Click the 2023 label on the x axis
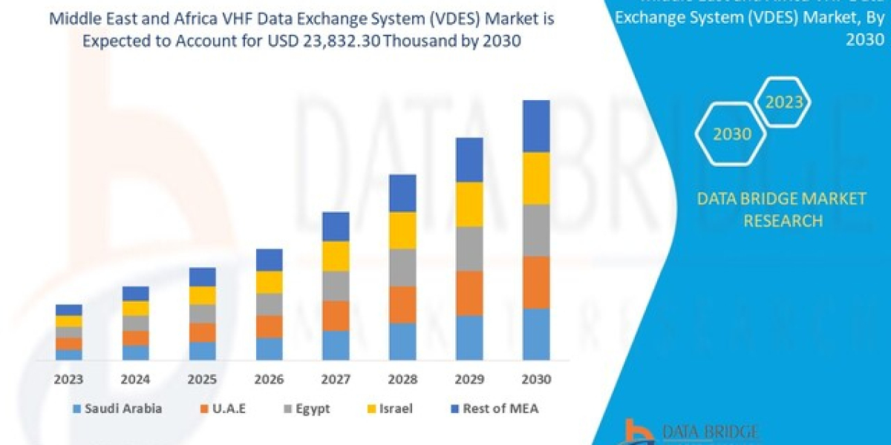(68, 379)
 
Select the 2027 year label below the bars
(336, 379)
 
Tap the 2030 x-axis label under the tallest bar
(536, 379)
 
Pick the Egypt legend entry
(307, 408)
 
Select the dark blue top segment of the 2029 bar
(469, 159)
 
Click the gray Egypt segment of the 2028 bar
(402, 267)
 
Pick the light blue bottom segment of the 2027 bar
(336, 345)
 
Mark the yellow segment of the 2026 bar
(269, 282)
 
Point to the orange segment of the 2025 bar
(202, 332)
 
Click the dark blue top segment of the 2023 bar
(68, 309)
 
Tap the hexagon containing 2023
(784, 102)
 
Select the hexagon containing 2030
(732, 134)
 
